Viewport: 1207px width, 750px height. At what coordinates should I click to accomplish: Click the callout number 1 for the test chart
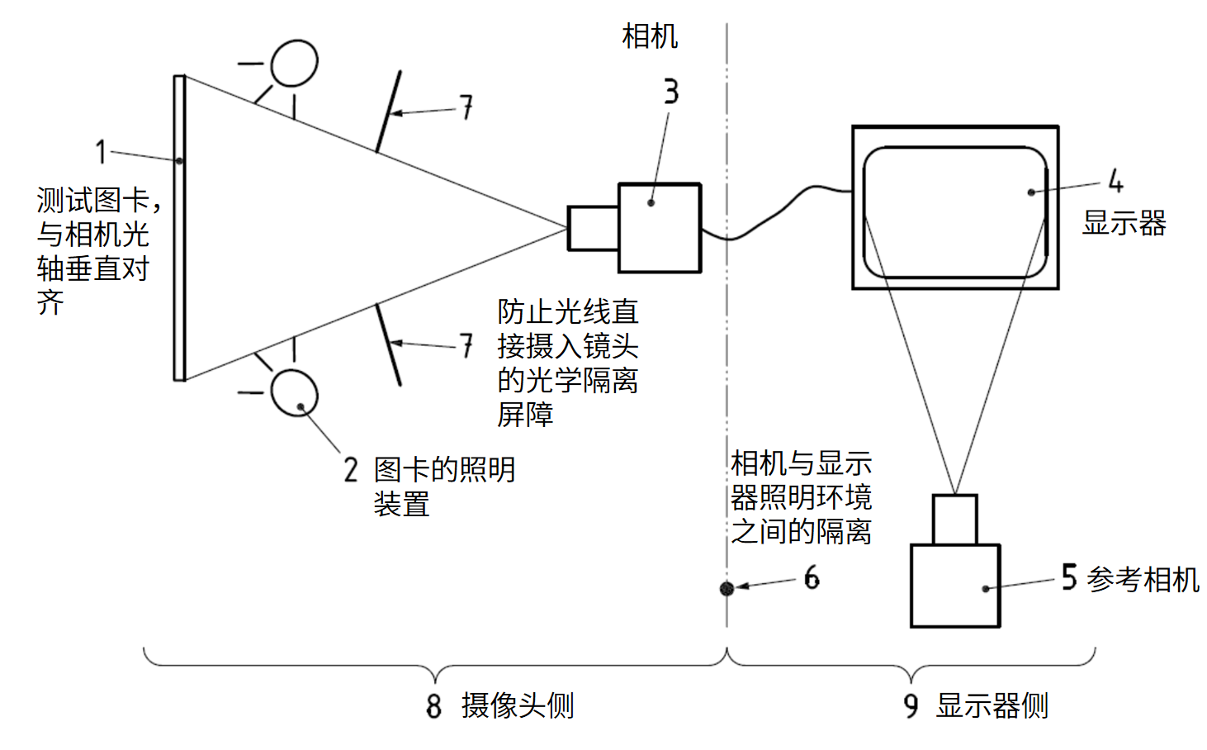(100, 151)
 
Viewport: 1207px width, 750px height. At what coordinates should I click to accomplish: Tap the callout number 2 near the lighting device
(351, 470)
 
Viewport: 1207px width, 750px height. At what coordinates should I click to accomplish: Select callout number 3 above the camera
(671, 92)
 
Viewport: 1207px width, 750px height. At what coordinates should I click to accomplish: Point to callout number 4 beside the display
(1115, 180)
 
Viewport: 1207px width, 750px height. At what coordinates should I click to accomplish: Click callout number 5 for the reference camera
(1069, 577)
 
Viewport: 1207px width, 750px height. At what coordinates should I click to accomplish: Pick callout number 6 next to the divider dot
(812, 577)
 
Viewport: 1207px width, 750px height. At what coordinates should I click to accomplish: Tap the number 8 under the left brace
(434, 706)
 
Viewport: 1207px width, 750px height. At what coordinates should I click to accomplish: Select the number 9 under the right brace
(911, 706)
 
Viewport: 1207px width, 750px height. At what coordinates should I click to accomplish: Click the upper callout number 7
(466, 107)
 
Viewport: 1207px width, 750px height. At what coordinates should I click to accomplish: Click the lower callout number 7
(466, 345)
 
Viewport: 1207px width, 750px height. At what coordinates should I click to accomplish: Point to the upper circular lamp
(295, 63)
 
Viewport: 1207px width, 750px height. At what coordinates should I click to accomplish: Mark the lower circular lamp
(295, 392)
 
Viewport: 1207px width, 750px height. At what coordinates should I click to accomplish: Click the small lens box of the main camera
(593, 228)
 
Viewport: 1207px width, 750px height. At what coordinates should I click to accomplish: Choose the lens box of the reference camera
(955, 520)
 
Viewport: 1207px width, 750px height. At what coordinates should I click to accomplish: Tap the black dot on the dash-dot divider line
(727, 588)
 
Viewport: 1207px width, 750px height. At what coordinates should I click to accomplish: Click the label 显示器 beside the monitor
(1124, 223)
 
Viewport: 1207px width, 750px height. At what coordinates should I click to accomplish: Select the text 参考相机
(1143, 579)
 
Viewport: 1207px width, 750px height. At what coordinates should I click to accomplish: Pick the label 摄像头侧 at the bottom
(518, 706)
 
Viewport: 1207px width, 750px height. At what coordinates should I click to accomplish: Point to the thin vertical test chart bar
(179, 228)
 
